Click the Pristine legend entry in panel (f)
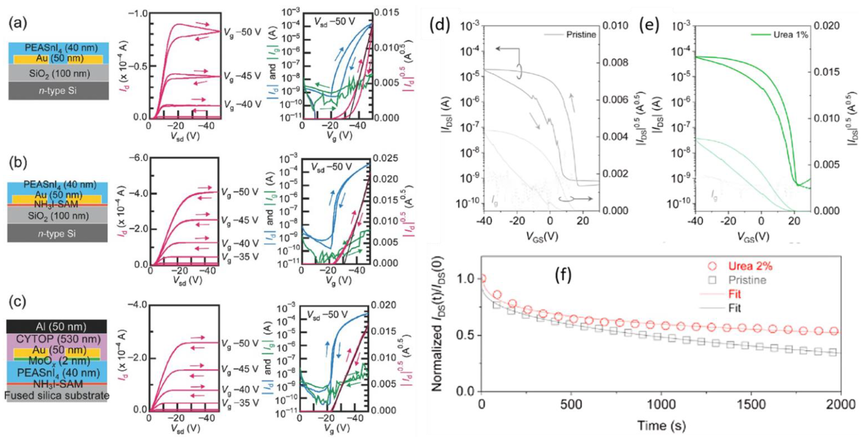click(747, 280)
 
